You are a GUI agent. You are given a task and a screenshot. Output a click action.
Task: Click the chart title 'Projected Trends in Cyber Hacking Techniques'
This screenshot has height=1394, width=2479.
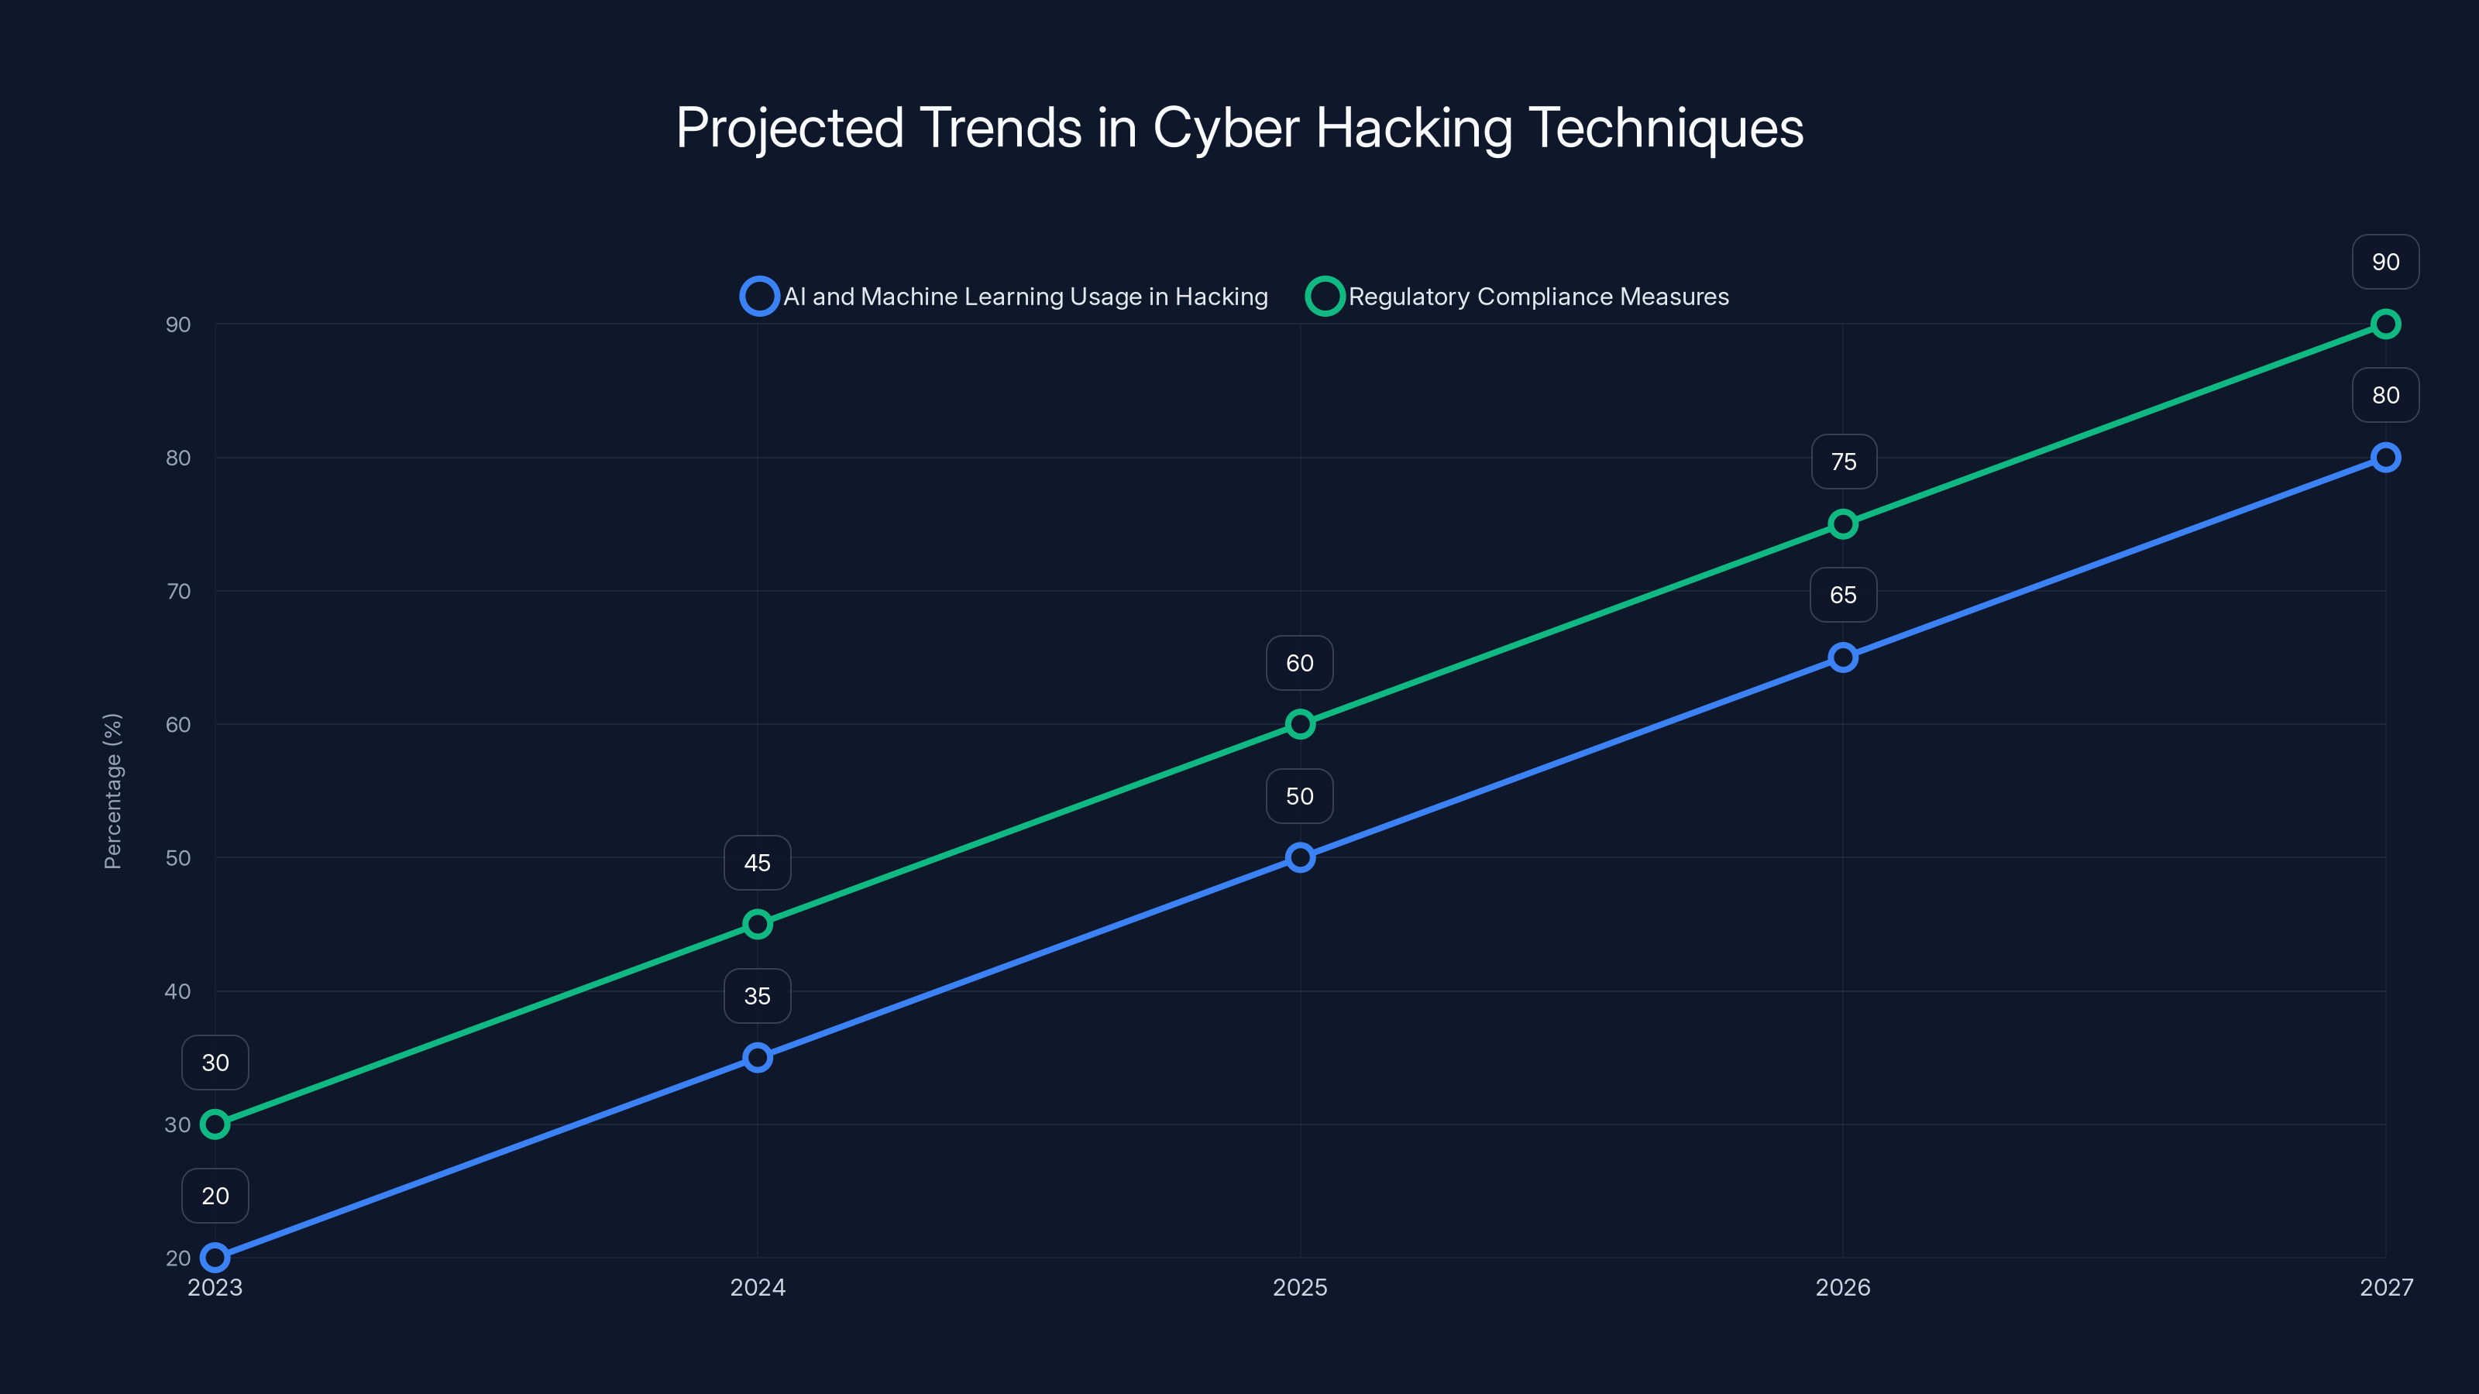[x=1239, y=128]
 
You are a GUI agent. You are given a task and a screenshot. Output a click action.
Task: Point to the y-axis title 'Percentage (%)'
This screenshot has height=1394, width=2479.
[x=112, y=791]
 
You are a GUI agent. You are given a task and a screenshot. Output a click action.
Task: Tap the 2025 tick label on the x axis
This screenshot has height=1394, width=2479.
[x=1299, y=1287]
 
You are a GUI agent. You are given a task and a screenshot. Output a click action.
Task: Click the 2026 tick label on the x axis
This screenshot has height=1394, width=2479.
[x=1842, y=1287]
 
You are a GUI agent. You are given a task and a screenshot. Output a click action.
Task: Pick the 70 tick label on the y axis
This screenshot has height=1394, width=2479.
[x=178, y=592]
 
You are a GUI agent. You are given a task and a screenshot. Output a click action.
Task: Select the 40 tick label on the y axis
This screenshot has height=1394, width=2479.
[x=178, y=991]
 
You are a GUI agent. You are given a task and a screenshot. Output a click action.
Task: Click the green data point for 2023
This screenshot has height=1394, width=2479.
[x=215, y=1124]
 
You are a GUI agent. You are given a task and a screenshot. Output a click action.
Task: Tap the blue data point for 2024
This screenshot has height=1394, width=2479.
[x=758, y=1057]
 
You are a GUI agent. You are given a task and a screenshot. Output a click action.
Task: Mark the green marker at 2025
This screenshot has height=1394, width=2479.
[x=1300, y=723]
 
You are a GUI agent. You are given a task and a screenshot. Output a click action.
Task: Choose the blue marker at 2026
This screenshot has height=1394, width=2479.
[x=1843, y=657]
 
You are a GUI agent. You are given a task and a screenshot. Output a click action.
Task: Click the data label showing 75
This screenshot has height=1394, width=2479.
[x=1843, y=462]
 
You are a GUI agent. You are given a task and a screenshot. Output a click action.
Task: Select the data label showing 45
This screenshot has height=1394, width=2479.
[x=758, y=863]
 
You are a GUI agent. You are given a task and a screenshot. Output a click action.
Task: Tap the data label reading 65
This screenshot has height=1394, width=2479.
[x=1843, y=595]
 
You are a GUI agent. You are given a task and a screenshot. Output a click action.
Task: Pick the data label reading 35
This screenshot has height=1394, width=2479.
[x=758, y=996]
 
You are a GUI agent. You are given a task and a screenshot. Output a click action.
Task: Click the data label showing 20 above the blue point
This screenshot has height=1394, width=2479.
[x=215, y=1196]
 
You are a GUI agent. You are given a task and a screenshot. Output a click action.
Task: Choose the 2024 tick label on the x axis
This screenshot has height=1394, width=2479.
[x=758, y=1287]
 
